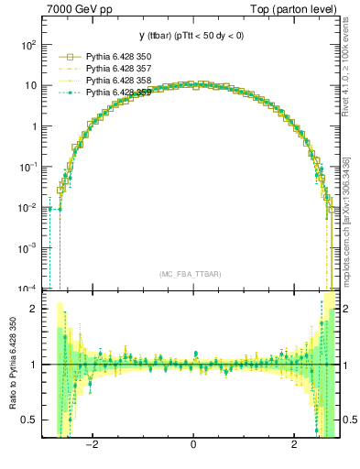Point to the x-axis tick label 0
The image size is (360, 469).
pos(192,446)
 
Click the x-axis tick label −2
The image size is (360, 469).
pos(91,446)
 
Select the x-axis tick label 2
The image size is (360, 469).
pos(294,446)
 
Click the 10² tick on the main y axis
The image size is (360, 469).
pos(28,44)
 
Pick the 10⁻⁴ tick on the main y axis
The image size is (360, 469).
pos(28,289)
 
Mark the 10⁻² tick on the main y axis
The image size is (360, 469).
pos(28,207)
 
